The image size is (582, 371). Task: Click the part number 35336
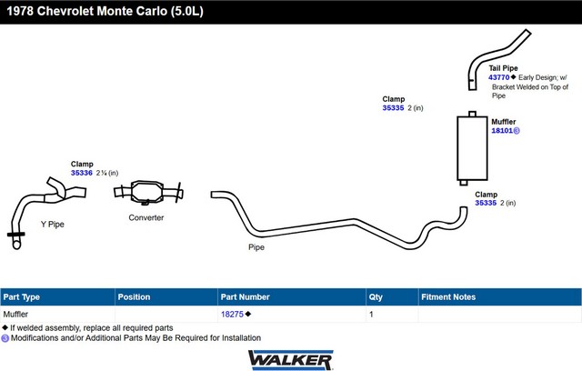pyautogui.click(x=82, y=173)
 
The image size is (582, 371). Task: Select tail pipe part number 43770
pyautogui.click(x=499, y=77)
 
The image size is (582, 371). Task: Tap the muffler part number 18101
pyautogui.click(x=502, y=131)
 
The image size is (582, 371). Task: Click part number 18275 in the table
pyautogui.click(x=233, y=315)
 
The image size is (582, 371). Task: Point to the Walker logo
pyautogui.click(x=291, y=360)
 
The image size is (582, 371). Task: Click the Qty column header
pyautogui.click(x=376, y=297)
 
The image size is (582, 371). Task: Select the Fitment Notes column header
pyautogui.click(x=448, y=297)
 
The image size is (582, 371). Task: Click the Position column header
pyautogui.click(x=134, y=297)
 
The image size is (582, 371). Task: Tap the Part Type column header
pyautogui.click(x=22, y=297)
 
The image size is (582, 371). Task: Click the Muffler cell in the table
pyautogui.click(x=15, y=315)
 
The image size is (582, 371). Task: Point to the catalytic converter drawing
pyautogui.click(x=148, y=192)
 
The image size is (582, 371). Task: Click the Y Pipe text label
pyautogui.click(x=53, y=224)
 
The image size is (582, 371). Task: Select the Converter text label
pyautogui.click(x=146, y=217)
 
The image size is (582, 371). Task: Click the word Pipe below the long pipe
pyautogui.click(x=256, y=247)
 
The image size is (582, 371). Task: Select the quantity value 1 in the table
pyautogui.click(x=371, y=315)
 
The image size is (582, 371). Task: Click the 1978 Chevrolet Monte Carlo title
pyautogui.click(x=105, y=11)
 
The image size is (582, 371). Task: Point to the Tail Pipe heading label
pyautogui.click(x=503, y=68)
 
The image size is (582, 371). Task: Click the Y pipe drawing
pyautogui.click(x=22, y=207)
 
